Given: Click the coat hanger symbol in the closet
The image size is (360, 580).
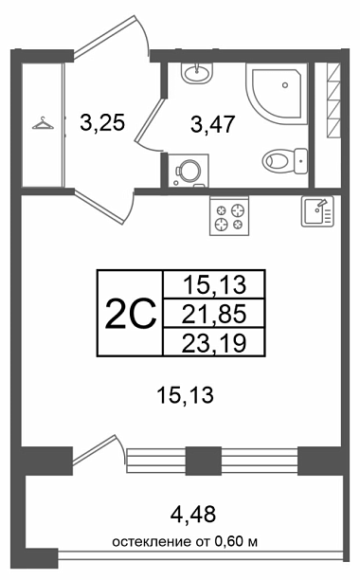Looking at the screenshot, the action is [43, 123].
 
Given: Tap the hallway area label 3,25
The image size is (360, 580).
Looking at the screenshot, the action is [102, 122].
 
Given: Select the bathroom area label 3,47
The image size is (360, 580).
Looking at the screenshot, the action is [213, 123].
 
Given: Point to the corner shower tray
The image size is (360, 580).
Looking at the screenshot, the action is [277, 92].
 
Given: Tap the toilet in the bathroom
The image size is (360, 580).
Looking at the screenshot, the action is [285, 161].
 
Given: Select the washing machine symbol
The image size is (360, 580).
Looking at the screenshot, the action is [189, 171].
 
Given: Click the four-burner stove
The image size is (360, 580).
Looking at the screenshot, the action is [229, 216].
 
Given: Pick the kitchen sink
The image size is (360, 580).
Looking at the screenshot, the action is [317, 210].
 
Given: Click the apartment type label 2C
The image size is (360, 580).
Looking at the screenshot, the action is [131, 314].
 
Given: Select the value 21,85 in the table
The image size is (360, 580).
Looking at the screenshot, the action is [214, 314].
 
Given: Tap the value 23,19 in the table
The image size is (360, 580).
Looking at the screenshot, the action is [214, 343].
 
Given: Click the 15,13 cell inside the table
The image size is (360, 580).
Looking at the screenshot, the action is [214, 285].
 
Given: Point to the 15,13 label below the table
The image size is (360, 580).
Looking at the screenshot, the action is [185, 394].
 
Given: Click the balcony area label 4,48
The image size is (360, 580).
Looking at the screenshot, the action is [193, 514].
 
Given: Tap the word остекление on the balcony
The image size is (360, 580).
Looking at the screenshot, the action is [153, 542].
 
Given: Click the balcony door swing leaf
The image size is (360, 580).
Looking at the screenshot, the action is [94, 448].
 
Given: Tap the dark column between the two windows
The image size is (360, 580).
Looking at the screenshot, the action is [204, 461].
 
